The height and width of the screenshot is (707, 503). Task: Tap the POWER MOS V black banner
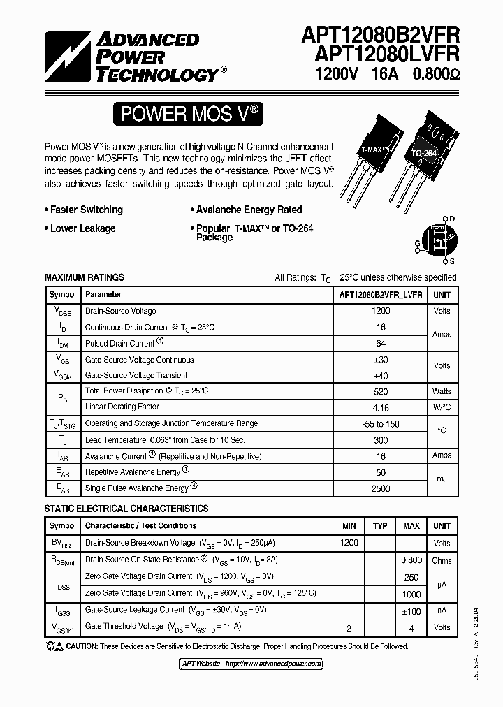pos(189,114)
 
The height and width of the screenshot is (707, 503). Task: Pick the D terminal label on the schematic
pos(452,219)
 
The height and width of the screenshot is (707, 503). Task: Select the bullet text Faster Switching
pos(86,210)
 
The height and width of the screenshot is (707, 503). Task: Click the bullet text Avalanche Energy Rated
pos(249,210)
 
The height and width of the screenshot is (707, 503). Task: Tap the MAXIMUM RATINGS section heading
pos(85,277)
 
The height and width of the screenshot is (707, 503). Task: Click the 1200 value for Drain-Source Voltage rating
pos(381,311)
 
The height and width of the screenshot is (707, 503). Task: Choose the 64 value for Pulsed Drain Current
pos(381,344)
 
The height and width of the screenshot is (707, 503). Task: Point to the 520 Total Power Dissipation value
pos(381,391)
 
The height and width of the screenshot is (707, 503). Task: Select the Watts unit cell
pos(442,391)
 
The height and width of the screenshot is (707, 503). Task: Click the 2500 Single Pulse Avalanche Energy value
pos(381,488)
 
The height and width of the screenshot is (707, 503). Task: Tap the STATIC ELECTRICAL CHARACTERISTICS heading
pos(126,509)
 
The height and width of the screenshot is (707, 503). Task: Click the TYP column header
pos(380,525)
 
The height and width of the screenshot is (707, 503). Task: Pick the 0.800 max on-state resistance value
pos(411,560)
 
